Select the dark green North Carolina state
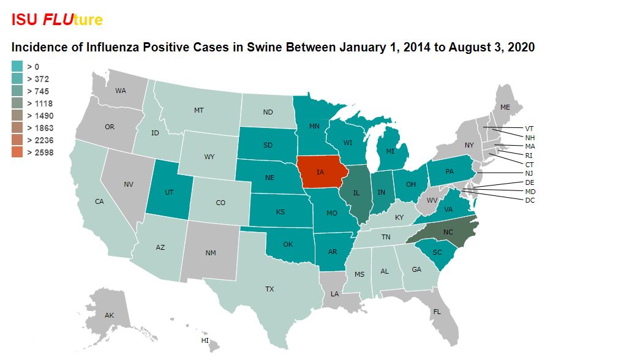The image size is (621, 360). coord(446,232)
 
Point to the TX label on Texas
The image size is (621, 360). coord(269,288)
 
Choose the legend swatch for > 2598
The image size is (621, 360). coord(17,152)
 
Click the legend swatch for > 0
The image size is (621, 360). coord(17,67)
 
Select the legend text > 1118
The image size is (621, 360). coord(40,103)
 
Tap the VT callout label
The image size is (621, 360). coord(529,129)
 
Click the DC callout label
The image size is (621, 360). coord(530,200)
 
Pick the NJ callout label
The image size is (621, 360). coord(529,173)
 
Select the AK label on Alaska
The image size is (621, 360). coord(109,315)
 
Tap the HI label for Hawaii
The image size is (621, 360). coord(205,340)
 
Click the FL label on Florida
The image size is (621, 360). coord(437,311)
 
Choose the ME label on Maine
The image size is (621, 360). coord(505,107)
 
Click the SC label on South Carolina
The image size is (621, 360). coord(437,252)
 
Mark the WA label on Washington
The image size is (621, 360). coord(121,91)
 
